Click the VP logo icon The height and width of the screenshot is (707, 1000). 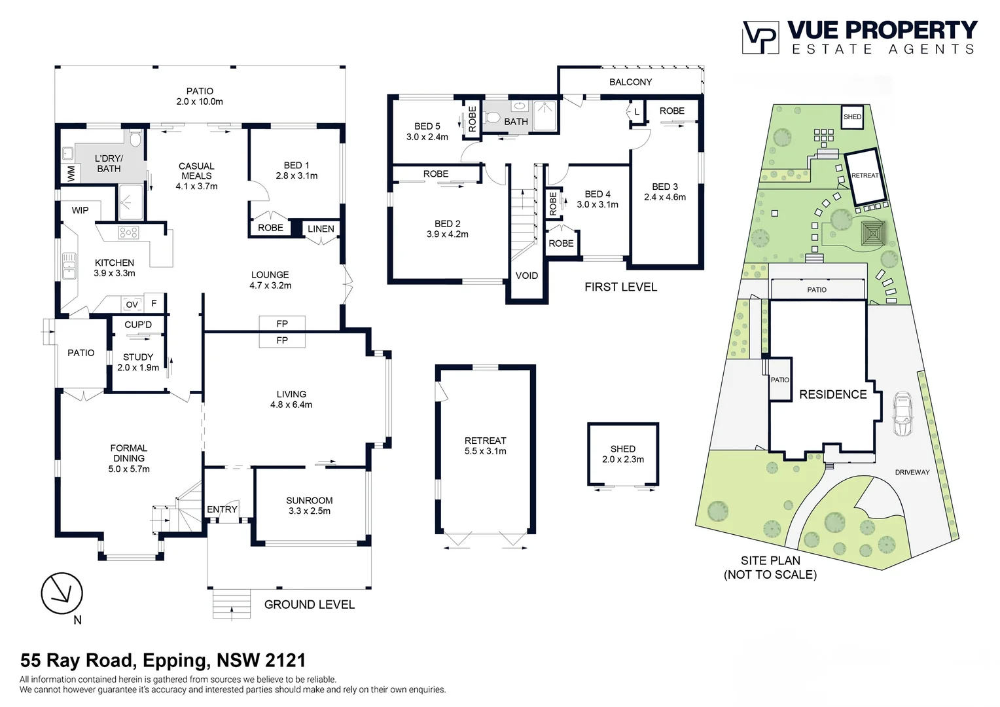tap(760, 37)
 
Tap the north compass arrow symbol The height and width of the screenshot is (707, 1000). tap(62, 594)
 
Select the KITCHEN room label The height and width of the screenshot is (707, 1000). tap(115, 263)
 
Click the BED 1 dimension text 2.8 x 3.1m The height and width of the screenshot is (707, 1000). tap(296, 175)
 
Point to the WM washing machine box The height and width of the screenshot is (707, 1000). tap(71, 173)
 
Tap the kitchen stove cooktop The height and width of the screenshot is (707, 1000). tap(128, 232)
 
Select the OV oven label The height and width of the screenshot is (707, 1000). tap(132, 304)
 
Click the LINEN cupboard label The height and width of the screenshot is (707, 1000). tap(321, 228)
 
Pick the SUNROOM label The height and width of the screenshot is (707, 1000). tap(310, 500)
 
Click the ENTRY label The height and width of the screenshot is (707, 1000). tap(222, 509)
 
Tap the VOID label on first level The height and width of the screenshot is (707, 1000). tap(527, 276)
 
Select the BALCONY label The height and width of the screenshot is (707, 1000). tap(630, 82)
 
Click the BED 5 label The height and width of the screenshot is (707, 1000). tap(427, 126)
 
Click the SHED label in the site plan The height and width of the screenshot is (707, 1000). tap(852, 117)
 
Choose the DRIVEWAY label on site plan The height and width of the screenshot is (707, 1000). tap(912, 472)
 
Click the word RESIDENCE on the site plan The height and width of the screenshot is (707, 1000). tap(833, 394)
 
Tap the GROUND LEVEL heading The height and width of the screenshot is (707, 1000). tap(310, 604)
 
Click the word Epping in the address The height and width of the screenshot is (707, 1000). tap(176, 660)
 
